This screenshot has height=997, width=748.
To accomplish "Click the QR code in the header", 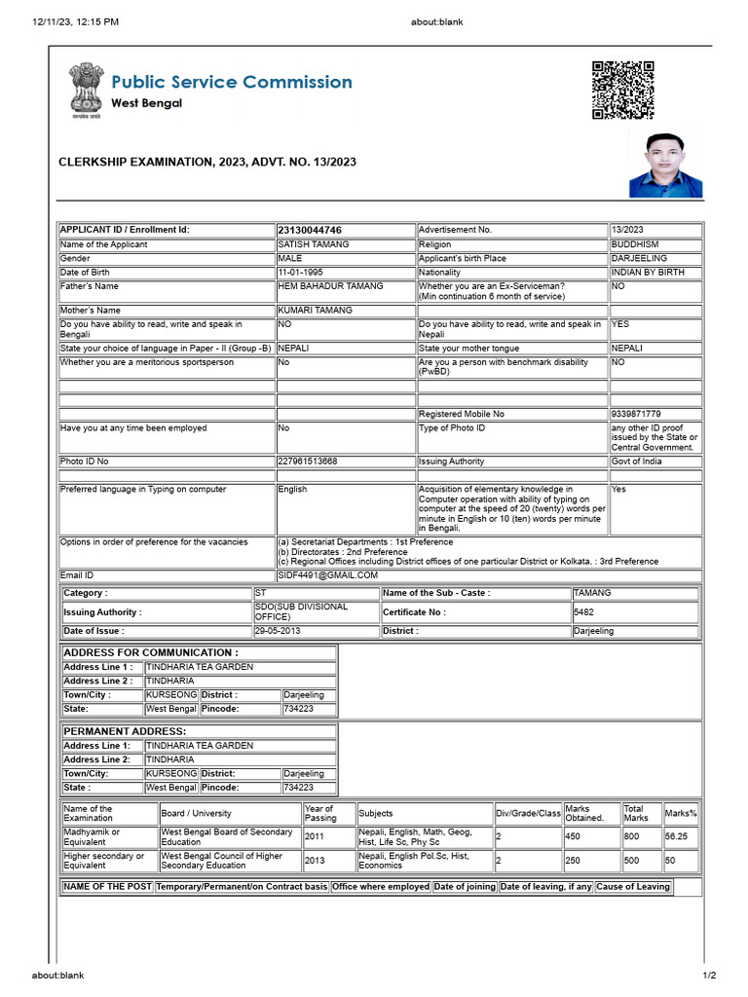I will (623, 90).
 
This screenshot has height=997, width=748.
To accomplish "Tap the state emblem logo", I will (85, 91).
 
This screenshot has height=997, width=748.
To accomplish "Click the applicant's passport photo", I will (665, 166).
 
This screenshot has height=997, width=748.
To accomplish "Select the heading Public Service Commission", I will (232, 82).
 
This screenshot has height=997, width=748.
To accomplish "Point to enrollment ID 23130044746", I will (310, 230).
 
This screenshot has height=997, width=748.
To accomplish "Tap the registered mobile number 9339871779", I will (636, 414).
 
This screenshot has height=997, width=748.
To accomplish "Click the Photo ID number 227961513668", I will (308, 461).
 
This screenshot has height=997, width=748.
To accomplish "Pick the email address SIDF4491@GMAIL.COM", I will (327, 575).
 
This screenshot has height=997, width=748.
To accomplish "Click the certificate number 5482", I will (585, 612).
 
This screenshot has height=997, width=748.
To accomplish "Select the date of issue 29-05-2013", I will (280, 631).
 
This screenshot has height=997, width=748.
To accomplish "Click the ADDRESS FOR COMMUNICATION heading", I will (150, 652).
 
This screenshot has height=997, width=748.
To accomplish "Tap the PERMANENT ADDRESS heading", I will (125, 730).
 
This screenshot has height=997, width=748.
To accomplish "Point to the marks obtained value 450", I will (574, 836).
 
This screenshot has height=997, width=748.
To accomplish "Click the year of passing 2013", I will (316, 861).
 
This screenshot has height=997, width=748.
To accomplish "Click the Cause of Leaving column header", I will (634, 887).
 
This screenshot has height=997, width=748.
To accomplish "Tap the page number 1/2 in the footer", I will (709, 976).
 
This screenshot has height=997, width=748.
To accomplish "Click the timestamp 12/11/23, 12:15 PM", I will (76, 20).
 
